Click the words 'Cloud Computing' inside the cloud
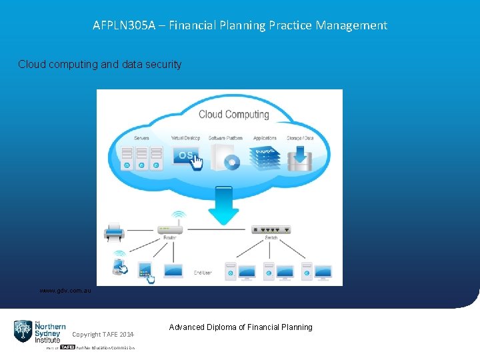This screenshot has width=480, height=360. pos(233,114)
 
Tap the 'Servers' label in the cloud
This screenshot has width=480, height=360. pos(141,138)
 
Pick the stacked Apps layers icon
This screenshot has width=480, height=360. pos(264,157)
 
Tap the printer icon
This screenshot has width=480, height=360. pos(114,232)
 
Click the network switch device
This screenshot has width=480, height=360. pos(271,229)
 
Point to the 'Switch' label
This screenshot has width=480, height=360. pos(271,238)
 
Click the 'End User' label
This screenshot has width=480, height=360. pos(203,273)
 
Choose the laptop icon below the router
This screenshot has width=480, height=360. pos(173,271)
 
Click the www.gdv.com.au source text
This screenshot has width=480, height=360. pos(65,291)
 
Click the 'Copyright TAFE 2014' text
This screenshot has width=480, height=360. pos(103,334)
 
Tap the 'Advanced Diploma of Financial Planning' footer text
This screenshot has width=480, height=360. pos(241,327)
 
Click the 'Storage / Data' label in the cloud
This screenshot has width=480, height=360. pos(299,138)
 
